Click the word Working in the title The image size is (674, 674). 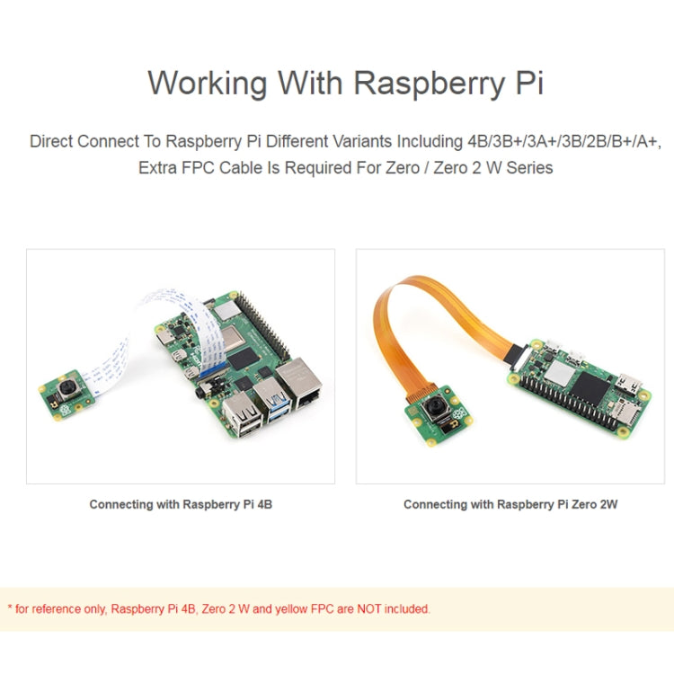click(208, 83)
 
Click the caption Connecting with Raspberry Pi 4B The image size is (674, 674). click(181, 504)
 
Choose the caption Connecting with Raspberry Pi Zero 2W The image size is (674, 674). click(510, 504)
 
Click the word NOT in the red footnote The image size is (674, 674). click(368, 608)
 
